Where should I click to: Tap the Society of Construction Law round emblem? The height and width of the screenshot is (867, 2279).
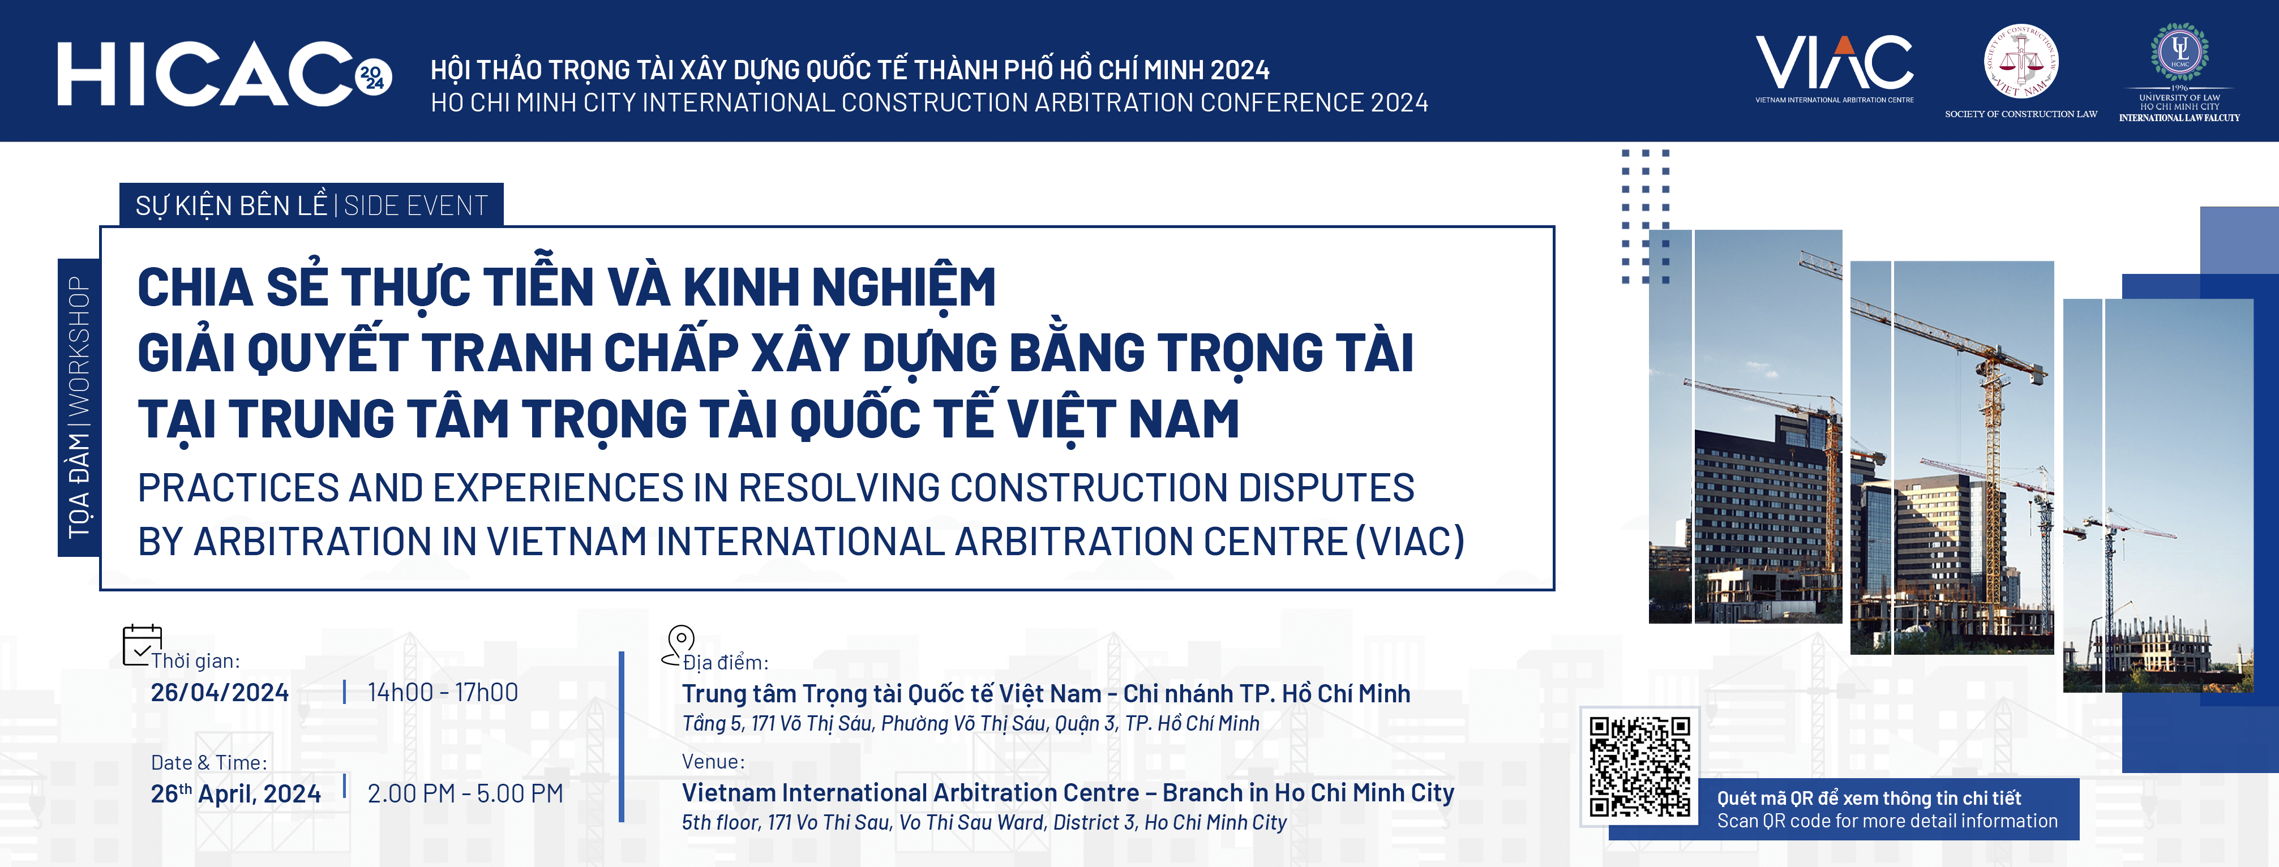pyautogui.click(x=2021, y=61)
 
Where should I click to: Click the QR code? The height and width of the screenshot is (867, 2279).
pyautogui.click(x=1639, y=766)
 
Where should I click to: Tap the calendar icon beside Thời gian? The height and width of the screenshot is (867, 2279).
pyautogui.click(x=142, y=645)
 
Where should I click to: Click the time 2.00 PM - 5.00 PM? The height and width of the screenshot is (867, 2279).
pyautogui.click(x=465, y=793)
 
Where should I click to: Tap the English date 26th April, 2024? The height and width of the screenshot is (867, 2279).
pyautogui.click(x=235, y=793)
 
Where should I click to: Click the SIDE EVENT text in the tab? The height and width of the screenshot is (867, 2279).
pyautogui.click(x=416, y=205)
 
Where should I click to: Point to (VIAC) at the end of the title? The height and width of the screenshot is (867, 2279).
pyautogui.click(x=1410, y=540)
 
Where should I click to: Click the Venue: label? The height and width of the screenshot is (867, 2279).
pyautogui.click(x=713, y=762)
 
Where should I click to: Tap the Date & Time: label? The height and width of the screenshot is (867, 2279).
pyautogui.click(x=209, y=763)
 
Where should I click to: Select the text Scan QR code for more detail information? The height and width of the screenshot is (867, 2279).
pyautogui.click(x=1887, y=821)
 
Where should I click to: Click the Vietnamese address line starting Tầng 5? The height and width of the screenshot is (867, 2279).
pyautogui.click(x=970, y=724)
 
